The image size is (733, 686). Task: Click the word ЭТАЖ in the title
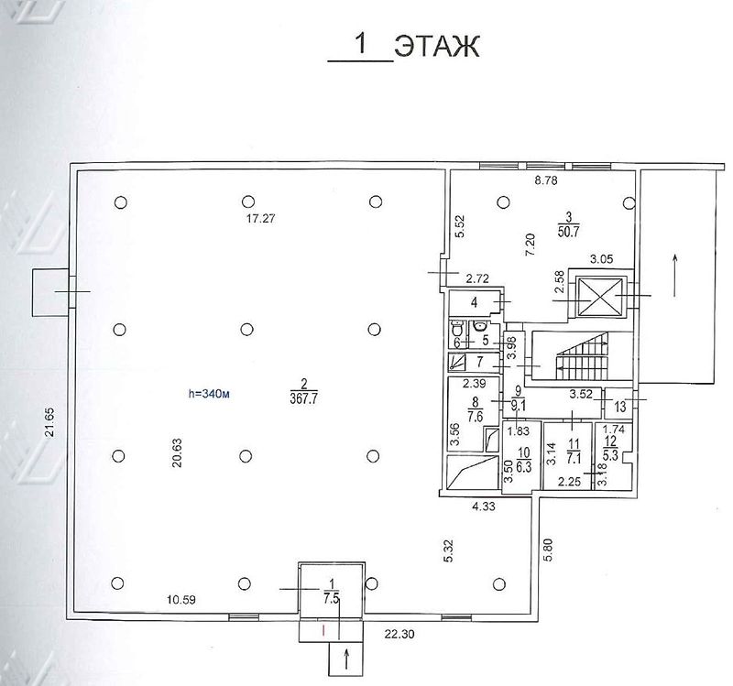pyautogui.click(x=437, y=47)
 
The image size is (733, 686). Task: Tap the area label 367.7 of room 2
pyautogui.click(x=304, y=398)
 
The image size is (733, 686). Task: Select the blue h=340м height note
pyautogui.click(x=209, y=394)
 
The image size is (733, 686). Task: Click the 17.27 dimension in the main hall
pyautogui.click(x=261, y=218)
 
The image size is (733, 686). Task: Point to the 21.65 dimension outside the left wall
pyautogui.click(x=49, y=422)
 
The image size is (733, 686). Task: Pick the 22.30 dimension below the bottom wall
pyautogui.click(x=399, y=634)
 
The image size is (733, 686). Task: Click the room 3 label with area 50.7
pyautogui.click(x=568, y=224)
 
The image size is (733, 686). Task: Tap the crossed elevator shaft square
pyautogui.click(x=600, y=296)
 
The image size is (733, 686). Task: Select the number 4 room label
pyautogui.click(x=474, y=303)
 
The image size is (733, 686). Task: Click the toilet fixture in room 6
pyautogui.click(x=456, y=329)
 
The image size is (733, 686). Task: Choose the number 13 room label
pyautogui.click(x=620, y=407)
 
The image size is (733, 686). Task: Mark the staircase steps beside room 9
pyautogui.click(x=582, y=355)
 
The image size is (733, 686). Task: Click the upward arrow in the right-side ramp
pyautogui.click(x=674, y=276)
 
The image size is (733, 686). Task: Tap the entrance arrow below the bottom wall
pyautogui.click(x=346, y=659)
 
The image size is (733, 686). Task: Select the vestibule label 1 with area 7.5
pyautogui.click(x=332, y=591)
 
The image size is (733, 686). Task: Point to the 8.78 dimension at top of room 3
pyautogui.click(x=546, y=180)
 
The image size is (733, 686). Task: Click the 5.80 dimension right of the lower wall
pyautogui.click(x=548, y=550)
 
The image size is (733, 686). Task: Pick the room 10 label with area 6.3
pyautogui.click(x=524, y=461)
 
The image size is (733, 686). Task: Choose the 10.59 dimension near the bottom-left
pyautogui.click(x=181, y=600)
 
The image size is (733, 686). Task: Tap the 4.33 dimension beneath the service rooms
pyautogui.click(x=484, y=506)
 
